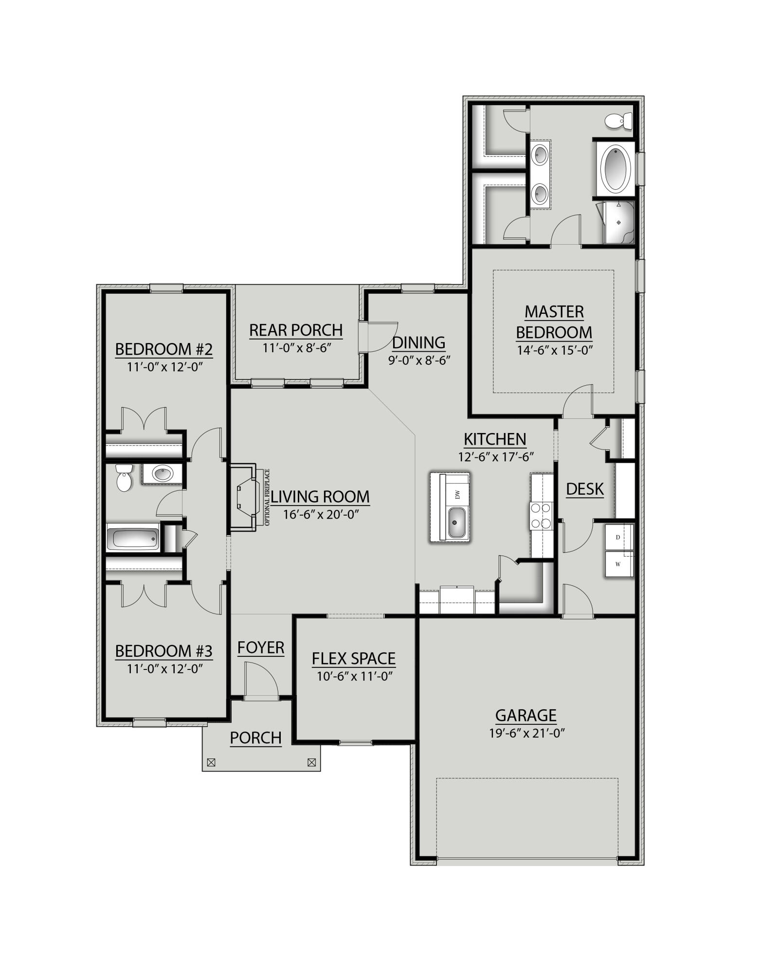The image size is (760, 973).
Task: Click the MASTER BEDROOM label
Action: [554, 322]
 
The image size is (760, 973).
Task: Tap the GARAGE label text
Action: [525, 716]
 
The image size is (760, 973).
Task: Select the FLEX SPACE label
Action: [353, 659]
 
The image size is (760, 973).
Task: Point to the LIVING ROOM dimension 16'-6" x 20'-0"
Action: [321, 514]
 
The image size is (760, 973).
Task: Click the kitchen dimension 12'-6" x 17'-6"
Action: [496, 457]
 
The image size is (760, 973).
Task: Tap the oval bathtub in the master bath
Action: [616, 169]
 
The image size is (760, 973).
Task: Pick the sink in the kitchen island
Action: [456, 523]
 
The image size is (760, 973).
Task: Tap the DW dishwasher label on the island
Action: [457, 495]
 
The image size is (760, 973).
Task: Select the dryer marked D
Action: [618, 538]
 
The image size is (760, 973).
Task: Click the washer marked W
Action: [618, 565]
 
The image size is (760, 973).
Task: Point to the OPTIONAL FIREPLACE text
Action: [267, 497]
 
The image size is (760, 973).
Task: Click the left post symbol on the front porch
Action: [211, 763]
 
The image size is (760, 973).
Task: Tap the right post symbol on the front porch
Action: [312, 763]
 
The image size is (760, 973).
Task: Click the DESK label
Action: [585, 489]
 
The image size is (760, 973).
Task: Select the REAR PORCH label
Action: [296, 330]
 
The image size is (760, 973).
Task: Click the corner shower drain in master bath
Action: [618, 222]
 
